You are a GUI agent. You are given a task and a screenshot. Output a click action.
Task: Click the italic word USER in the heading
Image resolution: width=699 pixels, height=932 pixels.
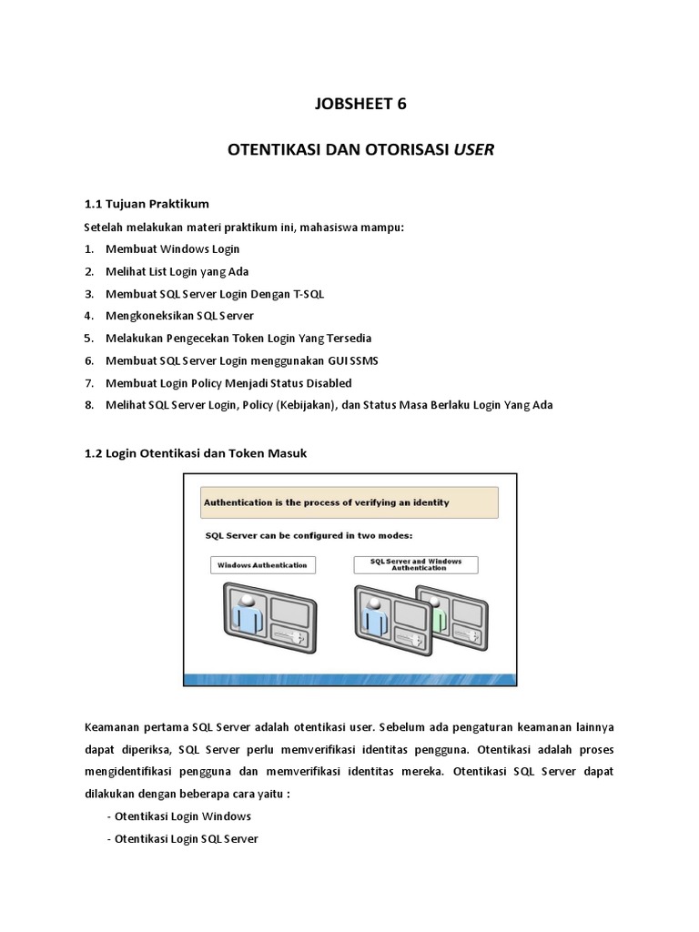pyautogui.click(x=474, y=150)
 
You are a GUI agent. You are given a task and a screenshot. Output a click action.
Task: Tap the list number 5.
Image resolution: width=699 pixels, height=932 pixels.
pyautogui.click(x=89, y=338)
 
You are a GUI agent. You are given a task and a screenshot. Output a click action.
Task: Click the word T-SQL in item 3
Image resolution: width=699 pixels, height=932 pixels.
pyautogui.click(x=308, y=293)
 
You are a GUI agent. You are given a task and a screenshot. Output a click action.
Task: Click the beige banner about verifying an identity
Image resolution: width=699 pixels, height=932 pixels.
pyautogui.click(x=349, y=502)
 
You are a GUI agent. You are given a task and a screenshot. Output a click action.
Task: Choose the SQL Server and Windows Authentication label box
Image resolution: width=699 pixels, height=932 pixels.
pyautogui.click(x=415, y=565)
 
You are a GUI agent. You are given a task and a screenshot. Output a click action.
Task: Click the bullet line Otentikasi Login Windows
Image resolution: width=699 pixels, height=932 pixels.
pyautogui.click(x=178, y=815)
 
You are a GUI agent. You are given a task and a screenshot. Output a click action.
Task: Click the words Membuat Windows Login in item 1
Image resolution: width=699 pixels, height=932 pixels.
pyautogui.click(x=173, y=248)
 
